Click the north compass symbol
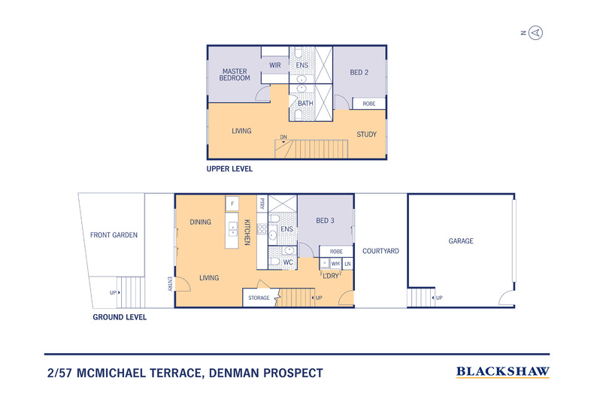tap(536, 32)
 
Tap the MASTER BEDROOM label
tap(235, 74)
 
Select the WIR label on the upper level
tap(275, 65)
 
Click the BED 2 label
tap(359, 72)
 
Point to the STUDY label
tap(366, 135)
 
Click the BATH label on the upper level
tap(305, 103)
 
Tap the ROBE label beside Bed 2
tap(369, 104)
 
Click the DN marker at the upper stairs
tap(283, 137)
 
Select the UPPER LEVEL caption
tap(229, 169)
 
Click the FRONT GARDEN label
tap(114, 235)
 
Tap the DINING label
tap(201, 222)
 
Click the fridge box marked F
tap(233, 204)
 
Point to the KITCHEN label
tap(247, 231)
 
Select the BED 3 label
tap(326, 220)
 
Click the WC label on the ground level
tap(288, 262)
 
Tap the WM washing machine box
tap(335, 264)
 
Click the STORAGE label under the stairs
tap(259, 298)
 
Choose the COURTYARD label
tap(380, 251)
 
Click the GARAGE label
tap(461, 241)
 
